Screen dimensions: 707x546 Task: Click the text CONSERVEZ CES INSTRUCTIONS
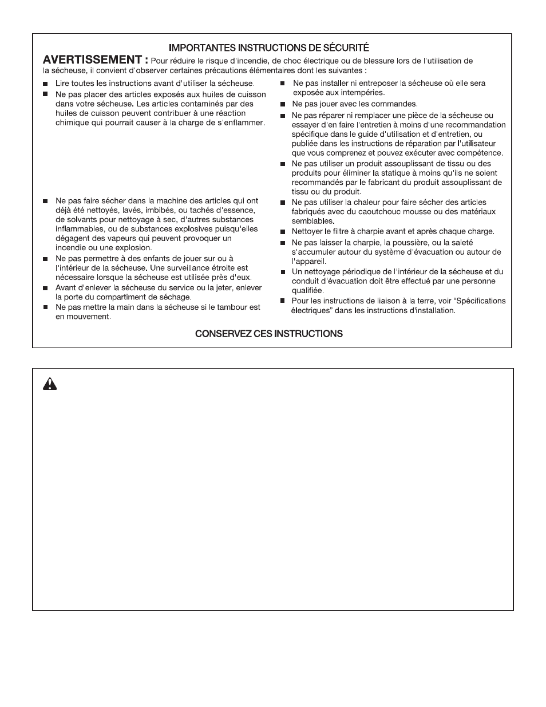click(x=269, y=334)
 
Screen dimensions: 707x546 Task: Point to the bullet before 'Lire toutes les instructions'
click(x=45, y=84)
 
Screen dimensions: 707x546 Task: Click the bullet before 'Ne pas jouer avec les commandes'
click(x=282, y=104)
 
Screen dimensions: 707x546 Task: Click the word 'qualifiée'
click(x=308, y=290)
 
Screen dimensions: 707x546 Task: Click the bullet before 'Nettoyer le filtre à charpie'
click(x=282, y=232)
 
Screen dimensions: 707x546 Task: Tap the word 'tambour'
click(x=234, y=307)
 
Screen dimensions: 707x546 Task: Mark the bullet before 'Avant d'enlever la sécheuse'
click(x=45, y=288)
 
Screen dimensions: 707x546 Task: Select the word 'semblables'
click(x=312, y=221)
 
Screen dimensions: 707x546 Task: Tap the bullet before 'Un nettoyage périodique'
click(x=282, y=272)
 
